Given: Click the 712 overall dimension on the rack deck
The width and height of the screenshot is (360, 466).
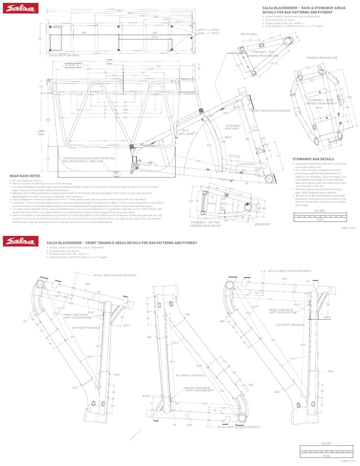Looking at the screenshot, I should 112,9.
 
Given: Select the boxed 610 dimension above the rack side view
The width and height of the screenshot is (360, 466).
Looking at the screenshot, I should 109,61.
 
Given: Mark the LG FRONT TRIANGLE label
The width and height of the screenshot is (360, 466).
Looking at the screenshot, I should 291,325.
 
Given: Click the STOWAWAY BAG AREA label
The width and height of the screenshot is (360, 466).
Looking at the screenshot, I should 233,127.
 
